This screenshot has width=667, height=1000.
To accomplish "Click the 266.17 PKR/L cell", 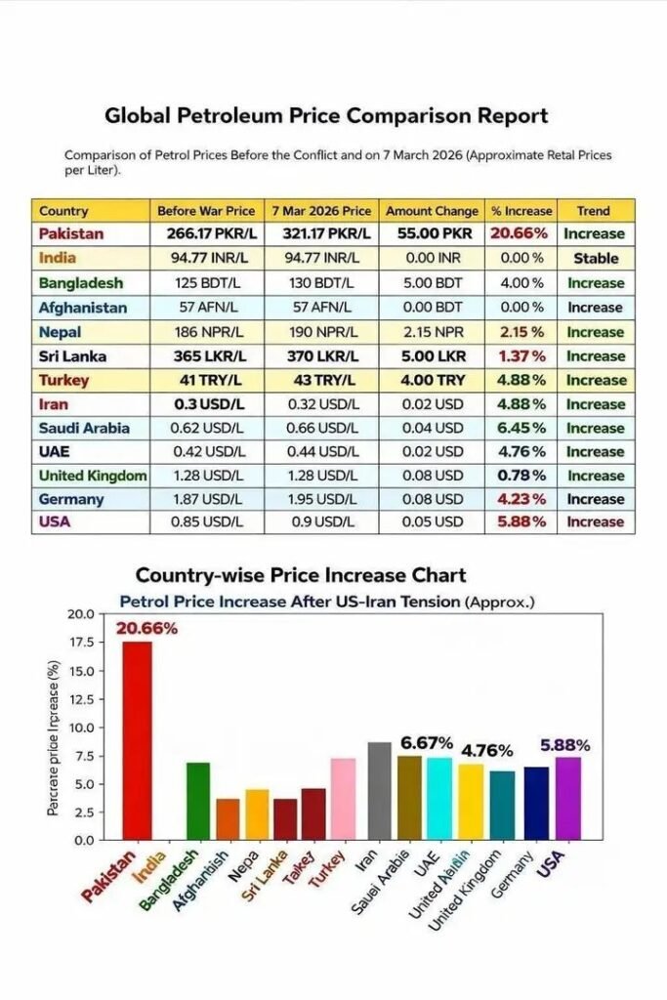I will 206,234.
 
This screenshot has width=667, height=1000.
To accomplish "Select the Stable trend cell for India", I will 596,259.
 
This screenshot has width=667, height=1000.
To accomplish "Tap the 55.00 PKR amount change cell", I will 433,234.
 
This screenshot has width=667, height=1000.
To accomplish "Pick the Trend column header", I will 593,211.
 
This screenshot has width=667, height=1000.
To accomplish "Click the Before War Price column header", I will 206,211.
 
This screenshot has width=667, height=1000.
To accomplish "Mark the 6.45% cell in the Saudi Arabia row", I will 521,428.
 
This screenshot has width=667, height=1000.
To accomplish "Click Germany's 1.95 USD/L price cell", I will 319,499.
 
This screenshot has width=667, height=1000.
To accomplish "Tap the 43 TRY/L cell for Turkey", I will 319,380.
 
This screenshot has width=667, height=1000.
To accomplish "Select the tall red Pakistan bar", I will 137,740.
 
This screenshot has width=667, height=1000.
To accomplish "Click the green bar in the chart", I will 198,801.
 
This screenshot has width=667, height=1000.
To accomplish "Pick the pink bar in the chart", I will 343,799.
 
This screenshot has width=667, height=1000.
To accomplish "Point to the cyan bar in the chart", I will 439,798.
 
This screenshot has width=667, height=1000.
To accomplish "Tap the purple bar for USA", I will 568,798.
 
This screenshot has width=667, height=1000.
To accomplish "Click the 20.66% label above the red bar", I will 146,628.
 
